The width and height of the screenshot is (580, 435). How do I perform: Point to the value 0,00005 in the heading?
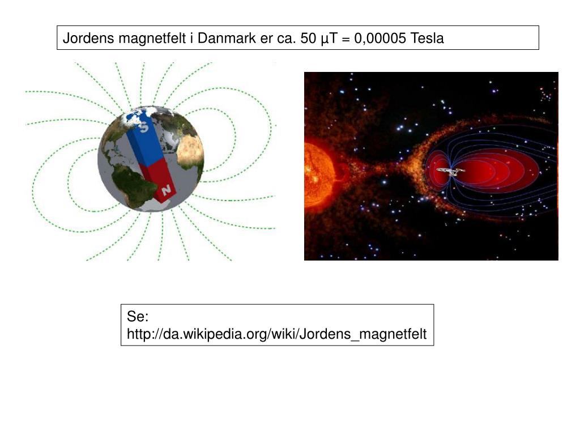379,39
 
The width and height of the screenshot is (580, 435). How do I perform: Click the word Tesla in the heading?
428,39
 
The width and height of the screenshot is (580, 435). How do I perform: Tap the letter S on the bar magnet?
144,128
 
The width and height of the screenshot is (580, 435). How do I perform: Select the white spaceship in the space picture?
451,170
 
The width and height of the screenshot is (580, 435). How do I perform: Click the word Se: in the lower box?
137,316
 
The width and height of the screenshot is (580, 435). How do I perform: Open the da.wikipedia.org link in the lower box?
276,334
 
